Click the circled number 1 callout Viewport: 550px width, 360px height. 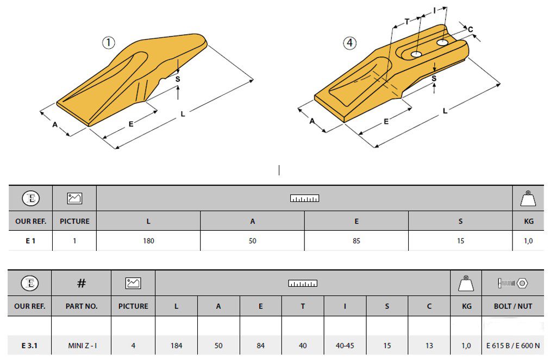coord(108,43)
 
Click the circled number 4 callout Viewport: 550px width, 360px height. coord(349,43)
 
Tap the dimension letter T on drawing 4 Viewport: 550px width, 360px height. coord(407,22)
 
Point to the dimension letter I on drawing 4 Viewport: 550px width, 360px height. coord(435,11)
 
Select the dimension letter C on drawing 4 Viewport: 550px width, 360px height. coord(470,30)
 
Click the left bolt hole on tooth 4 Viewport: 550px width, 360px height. coord(416,54)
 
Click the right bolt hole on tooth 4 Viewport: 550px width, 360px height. coord(443,42)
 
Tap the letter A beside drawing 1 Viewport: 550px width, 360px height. coord(55,124)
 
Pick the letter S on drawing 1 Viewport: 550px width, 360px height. coord(178,79)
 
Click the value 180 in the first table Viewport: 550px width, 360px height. coord(148,241)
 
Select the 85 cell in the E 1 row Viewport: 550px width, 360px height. coord(357,241)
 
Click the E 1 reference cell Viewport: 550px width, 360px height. coord(30,241)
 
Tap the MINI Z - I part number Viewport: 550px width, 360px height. coord(82,346)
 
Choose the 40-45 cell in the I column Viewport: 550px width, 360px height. coord(345,346)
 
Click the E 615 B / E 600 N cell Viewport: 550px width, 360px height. coord(513,346)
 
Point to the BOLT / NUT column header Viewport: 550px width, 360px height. coord(513,306)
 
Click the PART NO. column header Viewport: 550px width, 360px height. coord(82,306)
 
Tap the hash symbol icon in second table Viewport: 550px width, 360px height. coord(82,283)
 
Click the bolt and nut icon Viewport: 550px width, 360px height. coord(513,283)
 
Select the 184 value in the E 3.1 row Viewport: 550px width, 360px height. coord(176,346)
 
